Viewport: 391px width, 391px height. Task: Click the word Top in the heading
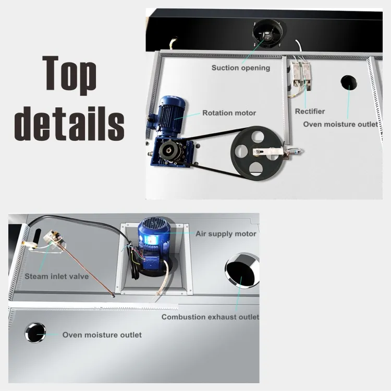tap(69, 73)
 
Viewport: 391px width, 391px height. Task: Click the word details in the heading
tap(69, 124)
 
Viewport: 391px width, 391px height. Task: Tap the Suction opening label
tap(241, 68)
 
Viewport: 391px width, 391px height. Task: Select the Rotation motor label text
tap(229, 113)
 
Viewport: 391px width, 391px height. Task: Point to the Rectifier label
tap(310, 111)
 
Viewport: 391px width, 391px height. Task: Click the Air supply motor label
tap(226, 234)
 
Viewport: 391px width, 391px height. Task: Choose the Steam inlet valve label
tap(57, 276)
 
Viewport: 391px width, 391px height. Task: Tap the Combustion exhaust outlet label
tap(210, 317)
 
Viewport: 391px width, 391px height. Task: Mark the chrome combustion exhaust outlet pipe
tap(242, 271)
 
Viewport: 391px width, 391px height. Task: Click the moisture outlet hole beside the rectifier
tap(349, 82)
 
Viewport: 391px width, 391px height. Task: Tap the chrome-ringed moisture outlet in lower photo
tap(35, 333)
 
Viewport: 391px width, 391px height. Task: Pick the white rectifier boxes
tap(301, 75)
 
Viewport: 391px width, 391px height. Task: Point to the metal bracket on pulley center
tap(268, 152)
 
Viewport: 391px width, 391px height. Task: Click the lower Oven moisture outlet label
tap(102, 335)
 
